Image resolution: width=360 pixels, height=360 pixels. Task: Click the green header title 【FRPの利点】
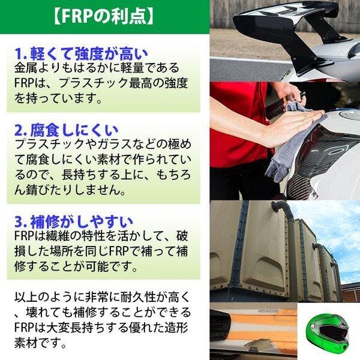104,17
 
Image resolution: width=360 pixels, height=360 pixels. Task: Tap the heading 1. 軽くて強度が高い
82,54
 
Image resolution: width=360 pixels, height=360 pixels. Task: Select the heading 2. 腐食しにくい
67,130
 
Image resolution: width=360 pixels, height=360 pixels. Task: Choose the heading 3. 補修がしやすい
74,221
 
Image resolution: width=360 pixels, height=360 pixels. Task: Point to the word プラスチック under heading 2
49,145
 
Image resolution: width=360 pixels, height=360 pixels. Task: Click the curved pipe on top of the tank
283,208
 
